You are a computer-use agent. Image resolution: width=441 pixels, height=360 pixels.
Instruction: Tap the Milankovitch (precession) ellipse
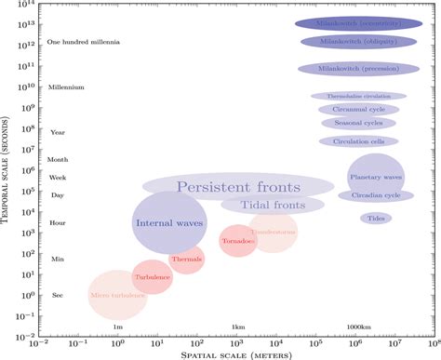(x=358, y=69)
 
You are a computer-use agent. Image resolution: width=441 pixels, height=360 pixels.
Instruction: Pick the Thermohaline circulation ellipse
(x=358, y=96)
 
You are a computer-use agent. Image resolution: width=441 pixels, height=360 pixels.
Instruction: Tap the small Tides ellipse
(x=376, y=219)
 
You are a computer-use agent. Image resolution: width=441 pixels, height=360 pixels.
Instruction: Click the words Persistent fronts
(x=228, y=186)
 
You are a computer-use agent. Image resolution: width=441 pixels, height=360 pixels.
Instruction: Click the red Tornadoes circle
(x=238, y=242)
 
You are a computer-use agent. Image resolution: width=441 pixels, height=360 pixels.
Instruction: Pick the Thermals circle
(x=186, y=259)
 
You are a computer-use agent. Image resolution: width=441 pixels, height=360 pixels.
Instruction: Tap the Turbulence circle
(x=151, y=277)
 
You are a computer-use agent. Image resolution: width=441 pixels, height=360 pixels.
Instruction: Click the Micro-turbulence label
(x=117, y=295)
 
